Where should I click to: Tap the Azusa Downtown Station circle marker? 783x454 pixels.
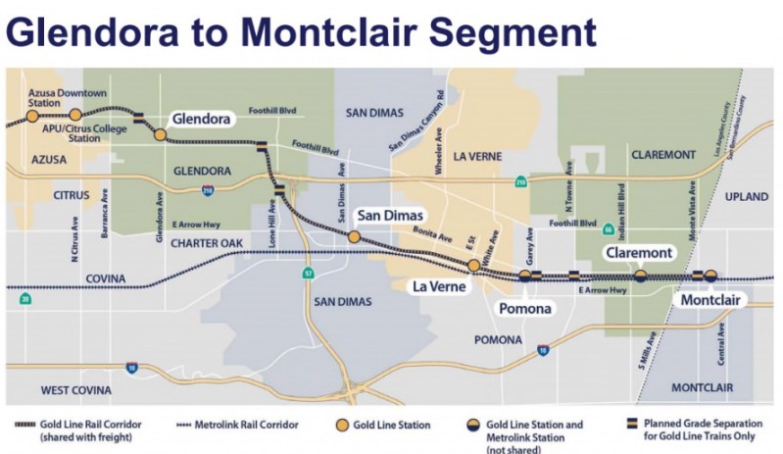point(32,116)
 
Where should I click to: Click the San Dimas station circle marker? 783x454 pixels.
point(353,236)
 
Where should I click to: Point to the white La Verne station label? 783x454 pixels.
point(437,286)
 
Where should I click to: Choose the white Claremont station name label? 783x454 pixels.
point(639,253)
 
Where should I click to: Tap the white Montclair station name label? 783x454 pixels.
point(712,298)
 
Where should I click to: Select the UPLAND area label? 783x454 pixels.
point(747,196)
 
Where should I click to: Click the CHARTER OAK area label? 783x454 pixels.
point(204,242)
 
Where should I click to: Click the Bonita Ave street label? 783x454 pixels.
point(431,236)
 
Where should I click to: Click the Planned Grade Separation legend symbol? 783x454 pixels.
point(633,425)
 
